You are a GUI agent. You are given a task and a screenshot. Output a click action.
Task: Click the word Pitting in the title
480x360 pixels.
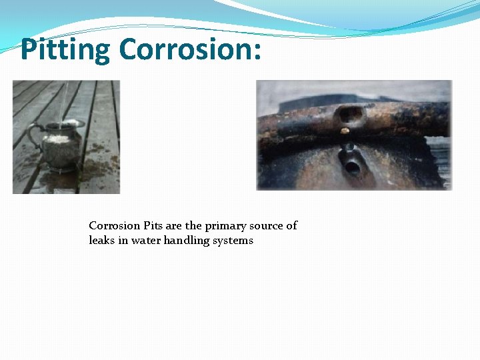(65, 49)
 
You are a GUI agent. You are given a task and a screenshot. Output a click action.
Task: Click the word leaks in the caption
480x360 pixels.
(103, 240)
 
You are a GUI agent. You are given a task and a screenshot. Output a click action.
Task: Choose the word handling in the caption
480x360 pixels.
(186, 241)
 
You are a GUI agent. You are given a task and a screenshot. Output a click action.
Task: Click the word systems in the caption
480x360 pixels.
(233, 241)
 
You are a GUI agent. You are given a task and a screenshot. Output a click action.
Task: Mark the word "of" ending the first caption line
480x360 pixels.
(291, 225)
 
